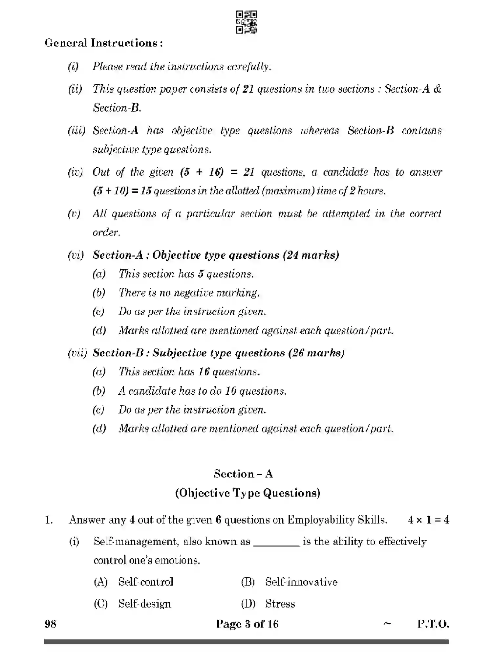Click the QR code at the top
(x=247, y=22)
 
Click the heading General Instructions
(x=104, y=43)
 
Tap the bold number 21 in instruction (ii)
(x=248, y=89)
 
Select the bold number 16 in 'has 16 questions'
(x=204, y=372)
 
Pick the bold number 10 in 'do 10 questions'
(x=231, y=391)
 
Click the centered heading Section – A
(x=243, y=474)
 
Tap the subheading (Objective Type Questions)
(x=247, y=493)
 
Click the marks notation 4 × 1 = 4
(x=428, y=520)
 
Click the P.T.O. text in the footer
(x=433, y=624)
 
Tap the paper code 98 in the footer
(x=51, y=624)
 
